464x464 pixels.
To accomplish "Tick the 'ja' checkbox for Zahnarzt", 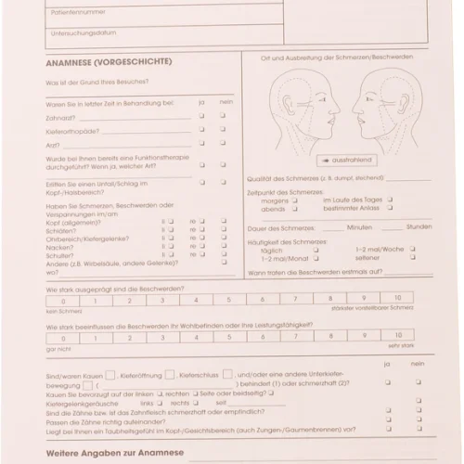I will click(201, 116).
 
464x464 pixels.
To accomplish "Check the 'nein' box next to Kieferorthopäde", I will click(223, 130).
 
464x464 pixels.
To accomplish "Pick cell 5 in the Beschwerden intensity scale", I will click(198, 299).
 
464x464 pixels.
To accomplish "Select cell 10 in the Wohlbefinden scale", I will click(397, 335).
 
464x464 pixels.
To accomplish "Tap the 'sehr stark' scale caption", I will click(400, 345).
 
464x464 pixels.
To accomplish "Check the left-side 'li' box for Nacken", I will click(170, 248).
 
